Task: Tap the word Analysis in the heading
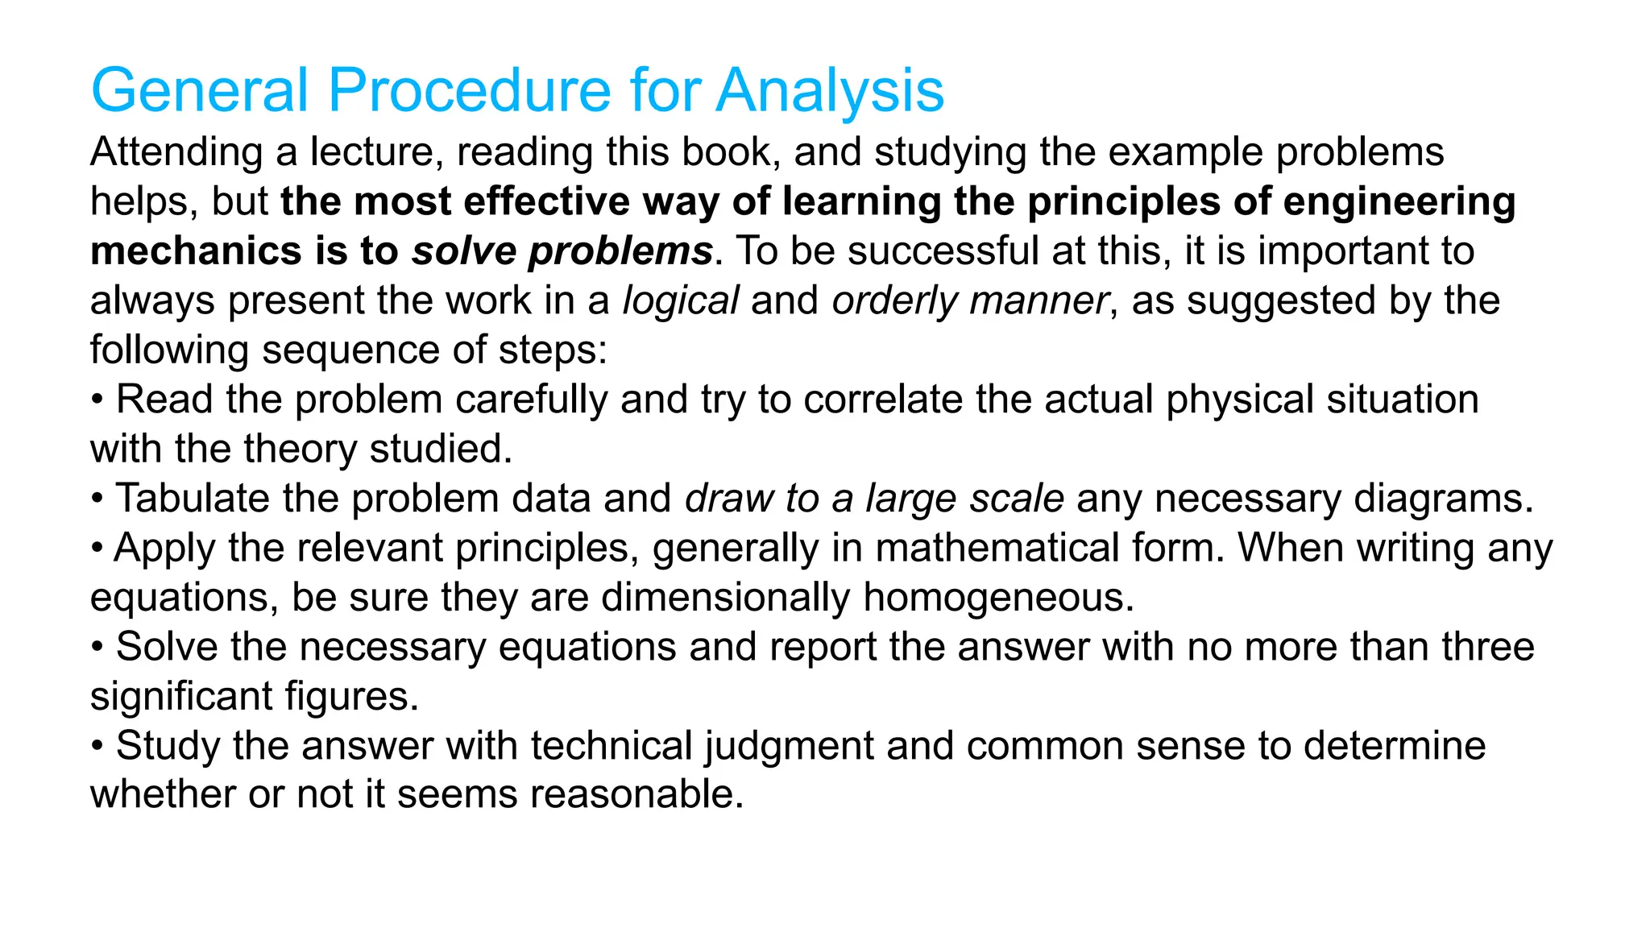coord(830,90)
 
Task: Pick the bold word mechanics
coord(196,251)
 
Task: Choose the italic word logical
coord(681,301)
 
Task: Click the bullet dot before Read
coord(97,400)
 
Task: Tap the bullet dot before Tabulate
coord(97,498)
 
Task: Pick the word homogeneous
coord(998,598)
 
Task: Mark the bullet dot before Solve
coord(97,647)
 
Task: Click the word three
coord(1488,647)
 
